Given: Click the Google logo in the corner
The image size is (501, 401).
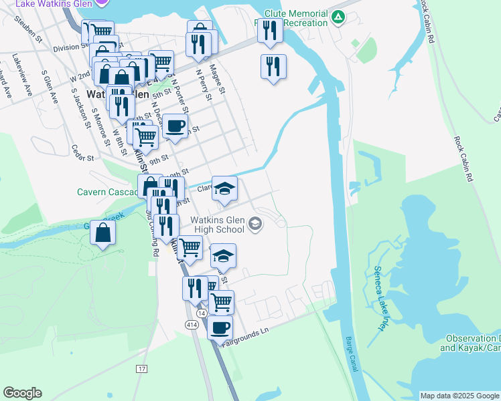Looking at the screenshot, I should pos(22,393).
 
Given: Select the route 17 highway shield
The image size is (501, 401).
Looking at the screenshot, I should pos(141,369).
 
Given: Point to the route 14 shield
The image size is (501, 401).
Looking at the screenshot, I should pos(202,312).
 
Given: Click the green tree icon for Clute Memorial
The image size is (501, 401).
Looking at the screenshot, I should pos(338,16).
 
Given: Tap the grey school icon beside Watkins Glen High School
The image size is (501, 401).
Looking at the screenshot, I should pos(255,224).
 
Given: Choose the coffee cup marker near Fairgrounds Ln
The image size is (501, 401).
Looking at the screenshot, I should pos(220,327).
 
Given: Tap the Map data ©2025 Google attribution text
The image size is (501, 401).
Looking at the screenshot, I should pos(459,396).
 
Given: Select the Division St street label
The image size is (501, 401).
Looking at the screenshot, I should pos(66,47).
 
